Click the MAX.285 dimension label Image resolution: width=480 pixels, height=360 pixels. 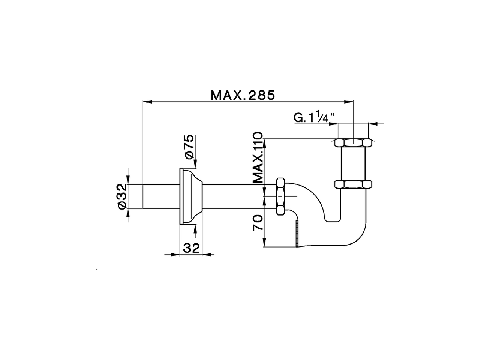[243, 95]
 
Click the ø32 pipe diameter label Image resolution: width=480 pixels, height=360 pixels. [121, 196]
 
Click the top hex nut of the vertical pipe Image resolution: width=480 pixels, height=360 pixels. [353, 143]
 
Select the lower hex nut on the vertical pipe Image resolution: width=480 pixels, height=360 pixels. [353, 184]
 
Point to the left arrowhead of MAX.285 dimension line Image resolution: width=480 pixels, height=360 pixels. [147, 101]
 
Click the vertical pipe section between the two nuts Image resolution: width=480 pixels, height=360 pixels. [353, 163]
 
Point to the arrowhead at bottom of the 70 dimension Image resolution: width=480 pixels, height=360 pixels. [265, 243]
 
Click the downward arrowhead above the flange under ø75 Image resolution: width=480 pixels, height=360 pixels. [195, 165]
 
